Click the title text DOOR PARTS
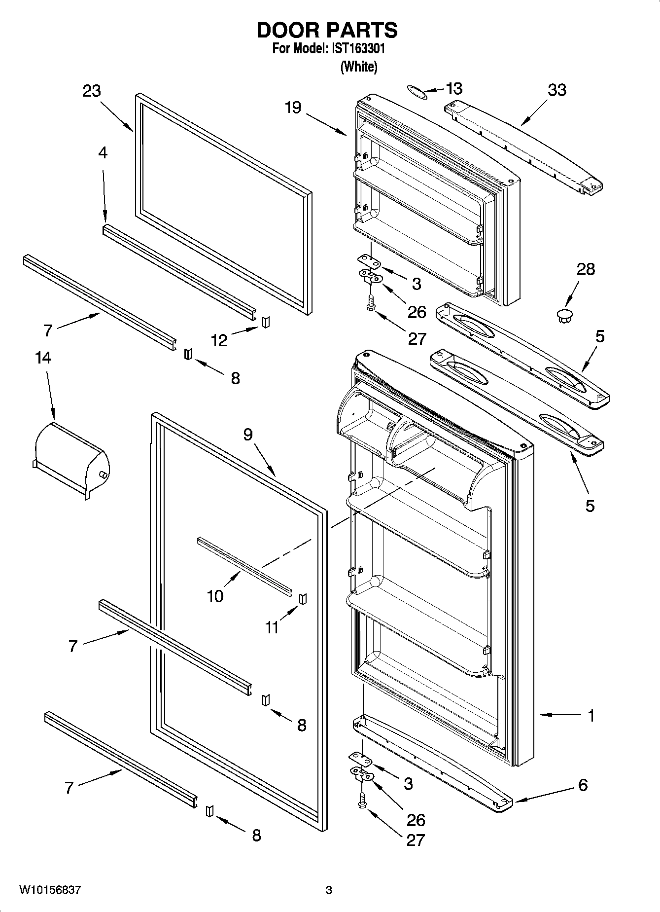pyautogui.click(x=327, y=30)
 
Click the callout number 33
pyautogui.click(x=557, y=90)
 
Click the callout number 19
pyautogui.click(x=293, y=107)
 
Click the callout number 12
pyautogui.click(x=219, y=340)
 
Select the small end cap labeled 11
pyautogui.click(x=304, y=598)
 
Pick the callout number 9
pyautogui.click(x=247, y=435)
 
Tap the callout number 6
pyautogui.click(x=583, y=785)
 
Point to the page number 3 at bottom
pyautogui.click(x=329, y=890)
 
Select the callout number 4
pyautogui.click(x=102, y=153)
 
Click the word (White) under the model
pyautogui.click(x=359, y=67)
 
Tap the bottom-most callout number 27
pyautogui.click(x=415, y=840)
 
